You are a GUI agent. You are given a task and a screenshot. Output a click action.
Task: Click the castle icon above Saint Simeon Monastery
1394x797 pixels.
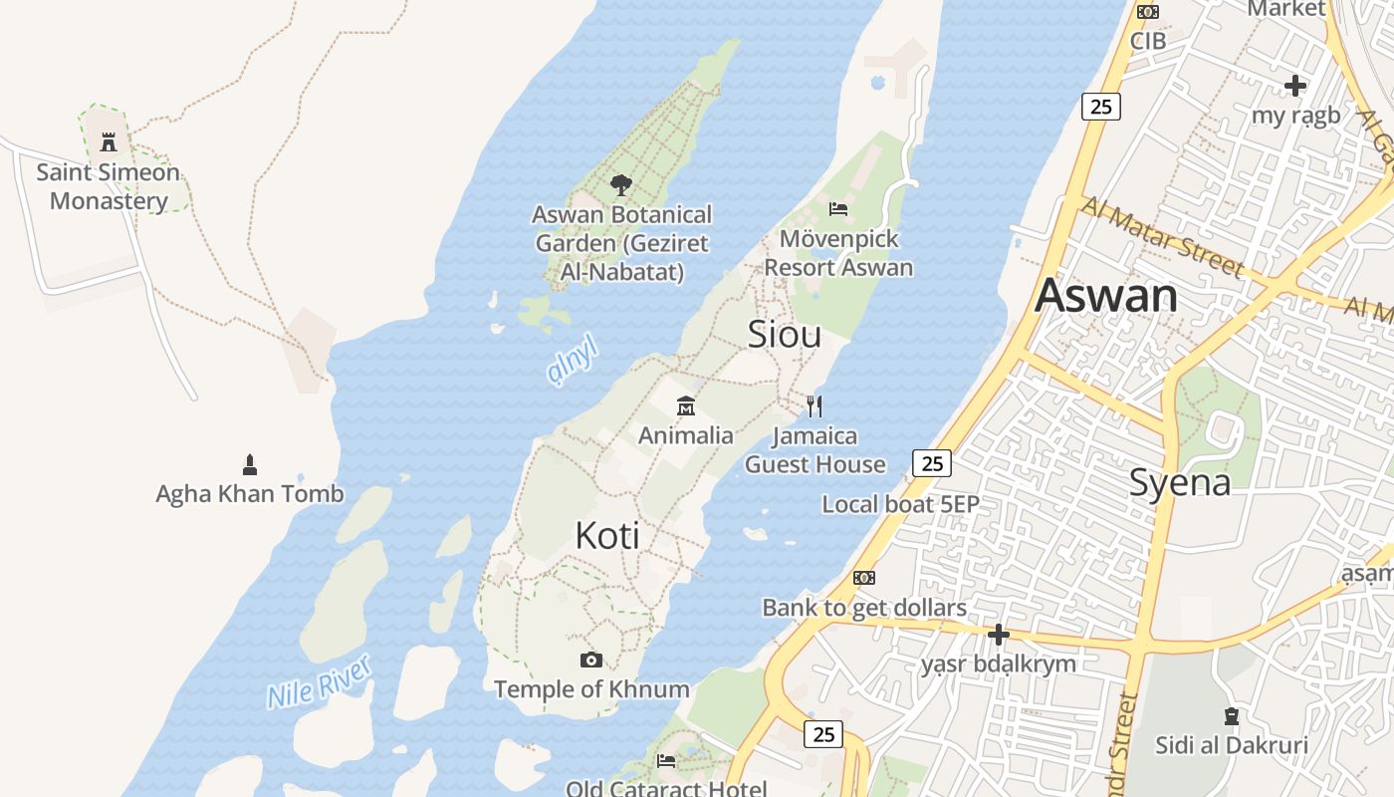point(109,141)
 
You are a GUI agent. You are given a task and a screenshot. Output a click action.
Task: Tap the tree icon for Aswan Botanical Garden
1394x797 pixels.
point(621,184)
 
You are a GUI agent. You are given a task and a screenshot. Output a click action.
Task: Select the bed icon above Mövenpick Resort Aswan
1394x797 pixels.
point(838,208)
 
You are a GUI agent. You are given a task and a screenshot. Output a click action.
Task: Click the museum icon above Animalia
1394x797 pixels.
point(686,405)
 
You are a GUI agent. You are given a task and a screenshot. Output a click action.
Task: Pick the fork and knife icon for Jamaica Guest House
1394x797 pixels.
point(814,405)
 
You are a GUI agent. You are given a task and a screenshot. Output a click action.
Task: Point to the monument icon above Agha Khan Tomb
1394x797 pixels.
point(250,463)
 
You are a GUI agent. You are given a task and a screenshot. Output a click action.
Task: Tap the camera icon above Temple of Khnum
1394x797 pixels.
point(591,660)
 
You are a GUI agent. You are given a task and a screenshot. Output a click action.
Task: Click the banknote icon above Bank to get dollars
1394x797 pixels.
point(864,578)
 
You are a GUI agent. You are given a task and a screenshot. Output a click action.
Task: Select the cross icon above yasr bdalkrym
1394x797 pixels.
point(999,635)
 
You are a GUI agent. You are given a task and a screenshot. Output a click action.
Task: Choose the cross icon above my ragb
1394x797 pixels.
point(1295,86)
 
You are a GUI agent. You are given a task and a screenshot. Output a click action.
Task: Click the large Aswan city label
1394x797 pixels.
point(1106,296)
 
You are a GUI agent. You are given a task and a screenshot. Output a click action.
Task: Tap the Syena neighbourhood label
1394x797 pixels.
point(1180,483)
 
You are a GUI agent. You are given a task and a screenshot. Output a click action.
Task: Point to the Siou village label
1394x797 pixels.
point(785,335)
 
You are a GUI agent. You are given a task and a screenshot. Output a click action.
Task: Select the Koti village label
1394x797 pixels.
point(607,536)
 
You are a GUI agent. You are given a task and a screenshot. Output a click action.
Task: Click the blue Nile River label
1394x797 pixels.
point(319,682)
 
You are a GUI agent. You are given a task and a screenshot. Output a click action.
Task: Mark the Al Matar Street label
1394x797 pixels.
point(1162,236)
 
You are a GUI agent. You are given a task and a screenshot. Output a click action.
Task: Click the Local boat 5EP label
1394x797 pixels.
point(900,504)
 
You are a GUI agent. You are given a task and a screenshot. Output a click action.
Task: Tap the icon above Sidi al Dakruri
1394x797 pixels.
point(1232,715)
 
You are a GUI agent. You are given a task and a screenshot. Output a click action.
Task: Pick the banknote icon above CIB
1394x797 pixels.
point(1148,12)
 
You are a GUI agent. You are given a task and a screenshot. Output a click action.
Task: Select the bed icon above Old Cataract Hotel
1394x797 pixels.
point(666,761)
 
